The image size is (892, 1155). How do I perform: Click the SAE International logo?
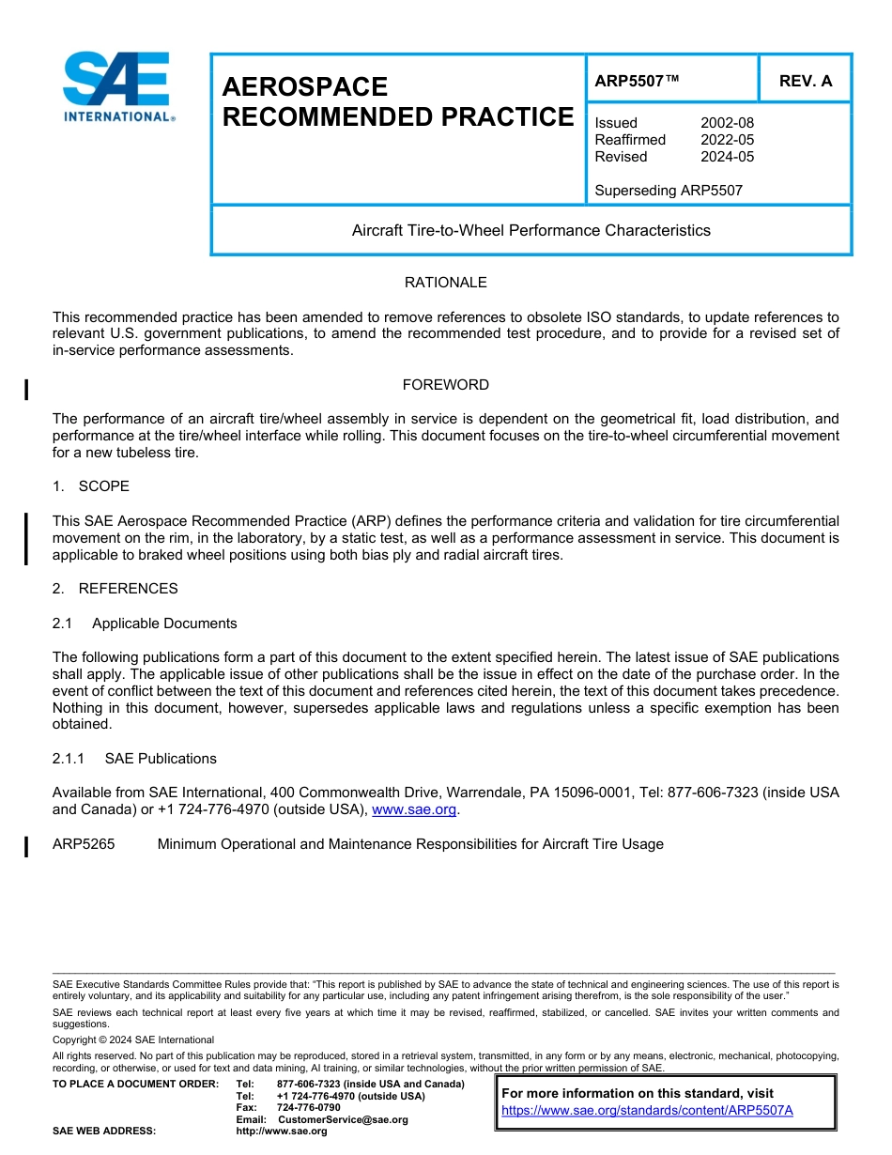click(x=117, y=86)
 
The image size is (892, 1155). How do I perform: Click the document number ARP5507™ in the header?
click(x=636, y=81)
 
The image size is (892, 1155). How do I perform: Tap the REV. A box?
click(x=805, y=81)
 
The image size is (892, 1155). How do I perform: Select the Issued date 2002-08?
click(x=727, y=123)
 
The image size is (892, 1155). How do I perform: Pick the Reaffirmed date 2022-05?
click(x=727, y=140)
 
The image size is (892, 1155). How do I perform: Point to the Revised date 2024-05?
click(x=727, y=157)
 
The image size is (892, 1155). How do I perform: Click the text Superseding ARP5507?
click(x=669, y=191)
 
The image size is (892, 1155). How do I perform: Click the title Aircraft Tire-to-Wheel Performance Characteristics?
click(x=531, y=230)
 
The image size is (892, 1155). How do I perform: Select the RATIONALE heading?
click(x=445, y=283)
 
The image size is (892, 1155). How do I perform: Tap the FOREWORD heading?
click(x=445, y=385)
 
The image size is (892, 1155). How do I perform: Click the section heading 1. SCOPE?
click(x=91, y=486)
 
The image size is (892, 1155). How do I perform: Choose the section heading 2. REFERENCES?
click(x=115, y=589)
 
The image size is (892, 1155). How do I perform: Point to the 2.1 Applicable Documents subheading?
click(x=145, y=624)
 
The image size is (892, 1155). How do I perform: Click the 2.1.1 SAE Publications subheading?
click(x=134, y=759)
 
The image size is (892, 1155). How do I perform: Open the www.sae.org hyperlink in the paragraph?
click(x=414, y=809)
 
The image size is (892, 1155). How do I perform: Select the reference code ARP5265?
click(x=84, y=844)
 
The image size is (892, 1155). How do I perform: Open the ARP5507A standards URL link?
click(x=647, y=1110)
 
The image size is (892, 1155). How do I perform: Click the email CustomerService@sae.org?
click(x=343, y=1119)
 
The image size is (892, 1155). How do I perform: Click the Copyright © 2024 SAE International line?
click(x=133, y=1039)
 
